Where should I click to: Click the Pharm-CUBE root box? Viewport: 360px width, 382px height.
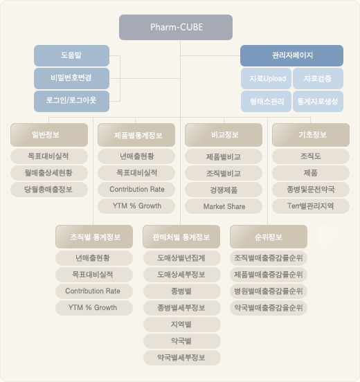pyautogui.click(x=176, y=27)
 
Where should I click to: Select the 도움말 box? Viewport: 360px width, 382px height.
pyautogui.click(x=72, y=55)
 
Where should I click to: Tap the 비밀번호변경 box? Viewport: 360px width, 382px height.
pyautogui.click(x=72, y=78)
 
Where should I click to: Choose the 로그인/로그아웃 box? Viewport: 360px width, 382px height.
pyautogui.click(x=72, y=101)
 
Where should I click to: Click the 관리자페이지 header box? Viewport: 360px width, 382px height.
pyautogui.click(x=291, y=55)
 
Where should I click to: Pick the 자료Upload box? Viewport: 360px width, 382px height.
pyautogui.click(x=266, y=78)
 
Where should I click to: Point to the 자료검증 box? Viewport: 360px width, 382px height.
pyautogui.click(x=318, y=78)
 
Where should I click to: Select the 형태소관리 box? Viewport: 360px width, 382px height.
pyautogui.click(x=266, y=101)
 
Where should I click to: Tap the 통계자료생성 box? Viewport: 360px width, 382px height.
pyautogui.click(x=318, y=101)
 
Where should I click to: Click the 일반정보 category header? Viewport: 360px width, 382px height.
pyautogui.click(x=49, y=135)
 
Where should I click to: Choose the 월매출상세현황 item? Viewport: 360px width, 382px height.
pyautogui.click(x=49, y=173)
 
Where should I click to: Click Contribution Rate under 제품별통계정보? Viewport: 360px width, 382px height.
pyautogui.click(x=136, y=190)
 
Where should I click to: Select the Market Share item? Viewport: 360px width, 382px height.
pyautogui.click(x=224, y=206)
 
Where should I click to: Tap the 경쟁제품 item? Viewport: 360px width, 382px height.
pyautogui.click(x=224, y=190)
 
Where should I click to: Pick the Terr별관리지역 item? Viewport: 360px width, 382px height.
pyautogui.click(x=311, y=206)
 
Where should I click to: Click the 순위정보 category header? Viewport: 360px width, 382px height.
pyautogui.click(x=269, y=237)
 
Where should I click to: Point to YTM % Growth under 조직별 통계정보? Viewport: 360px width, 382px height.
pyautogui.click(x=94, y=308)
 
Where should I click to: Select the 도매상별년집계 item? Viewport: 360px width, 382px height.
pyautogui.click(x=182, y=258)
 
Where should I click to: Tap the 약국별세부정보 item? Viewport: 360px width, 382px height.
pyautogui.click(x=182, y=358)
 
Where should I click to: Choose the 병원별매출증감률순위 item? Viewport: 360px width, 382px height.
pyautogui.click(x=269, y=291)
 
